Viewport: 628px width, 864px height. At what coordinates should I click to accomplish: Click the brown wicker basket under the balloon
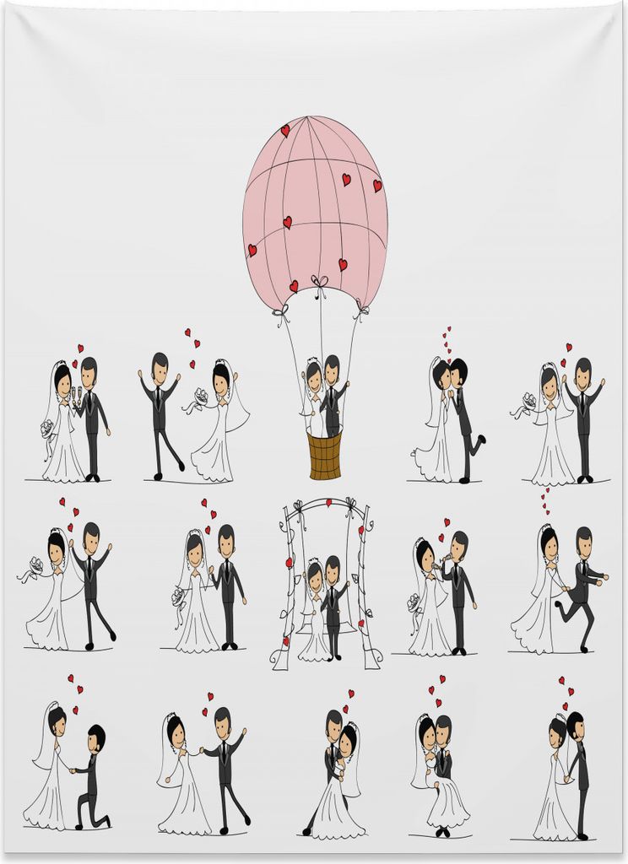pos(325,456)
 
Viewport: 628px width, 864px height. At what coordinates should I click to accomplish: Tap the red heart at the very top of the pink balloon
pos(285,131)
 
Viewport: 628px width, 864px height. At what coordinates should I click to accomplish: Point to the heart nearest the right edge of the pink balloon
pos(377,186)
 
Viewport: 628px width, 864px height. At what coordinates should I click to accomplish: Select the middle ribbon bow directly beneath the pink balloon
pos(319,282)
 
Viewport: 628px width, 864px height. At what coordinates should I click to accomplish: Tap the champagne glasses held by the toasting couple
pos(75,393)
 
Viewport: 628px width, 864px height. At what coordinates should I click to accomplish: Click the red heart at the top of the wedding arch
pos(328,503)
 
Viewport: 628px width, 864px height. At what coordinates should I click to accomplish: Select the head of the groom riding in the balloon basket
pos(332,369)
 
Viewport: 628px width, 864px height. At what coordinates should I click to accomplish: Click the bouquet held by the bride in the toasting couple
pos(47,428)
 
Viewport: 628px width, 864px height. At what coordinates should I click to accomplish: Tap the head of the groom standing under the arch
pos(332,568)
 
